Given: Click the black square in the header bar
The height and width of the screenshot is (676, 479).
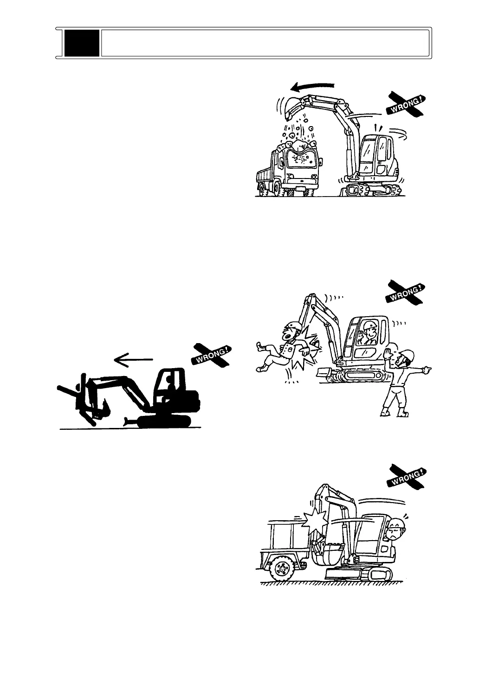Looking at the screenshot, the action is tap(82, 43).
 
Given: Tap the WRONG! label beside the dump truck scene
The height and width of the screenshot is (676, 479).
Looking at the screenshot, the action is tap(406, 103).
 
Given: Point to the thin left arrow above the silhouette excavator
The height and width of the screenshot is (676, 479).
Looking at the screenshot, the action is tap(133, 358).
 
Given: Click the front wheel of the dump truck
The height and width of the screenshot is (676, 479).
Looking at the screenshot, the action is tap(265, 187).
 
